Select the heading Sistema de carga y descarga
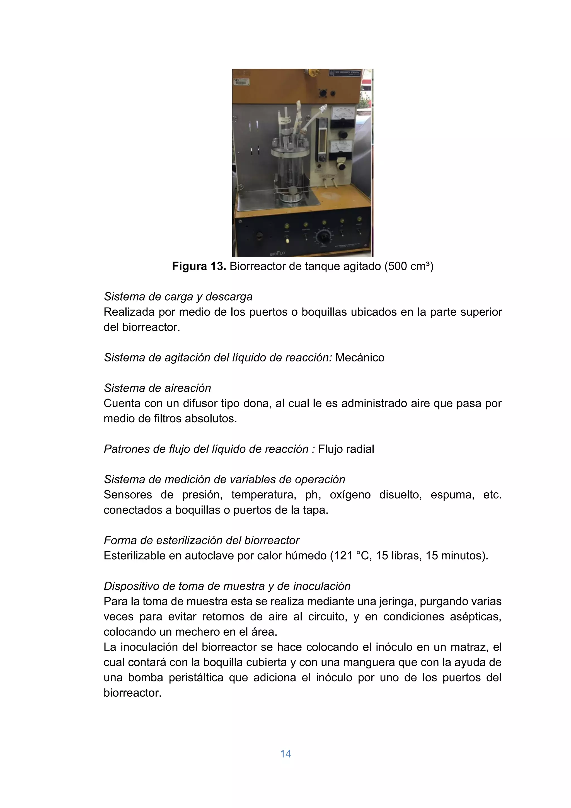tap(178, 297)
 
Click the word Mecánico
tap(360, 358)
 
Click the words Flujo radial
tap(346, 449)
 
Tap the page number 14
tap(285, 754)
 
